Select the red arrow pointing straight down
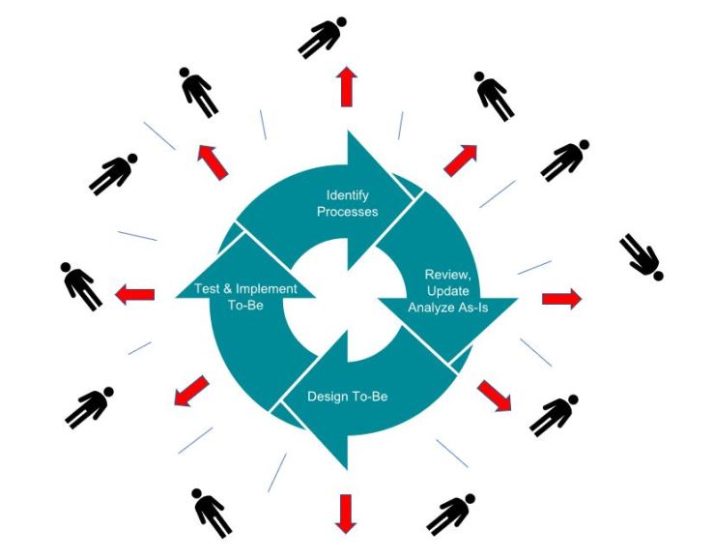point(345,512)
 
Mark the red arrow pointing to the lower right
point(494,395)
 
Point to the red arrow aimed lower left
point(190,392)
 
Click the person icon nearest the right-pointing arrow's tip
point(643,256)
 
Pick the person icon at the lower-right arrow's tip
point(554,415)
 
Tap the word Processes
point(347,211)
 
